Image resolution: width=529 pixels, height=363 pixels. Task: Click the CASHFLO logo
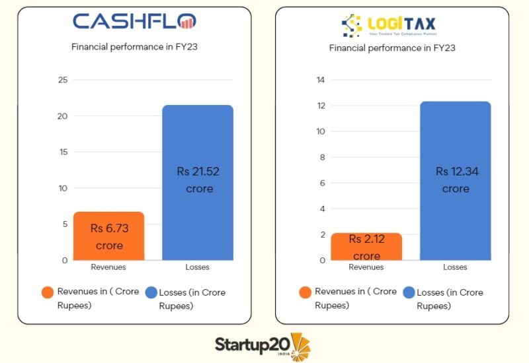tap(134, 22)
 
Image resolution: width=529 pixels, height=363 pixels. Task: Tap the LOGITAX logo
tap(389, 26)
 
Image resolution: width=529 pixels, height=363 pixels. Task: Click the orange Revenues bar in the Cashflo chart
tap(108, 236)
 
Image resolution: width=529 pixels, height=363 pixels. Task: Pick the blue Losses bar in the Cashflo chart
tap(198, 182)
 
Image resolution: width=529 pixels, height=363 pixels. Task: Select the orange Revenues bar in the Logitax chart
tap(366, 246)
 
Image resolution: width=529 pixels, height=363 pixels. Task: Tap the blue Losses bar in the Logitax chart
tap(456, 180)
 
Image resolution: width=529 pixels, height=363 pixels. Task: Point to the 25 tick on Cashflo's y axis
tap(63, 81)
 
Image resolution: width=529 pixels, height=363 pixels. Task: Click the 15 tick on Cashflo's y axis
tap(63, 152)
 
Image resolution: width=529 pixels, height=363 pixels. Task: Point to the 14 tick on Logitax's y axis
tap(321, 81)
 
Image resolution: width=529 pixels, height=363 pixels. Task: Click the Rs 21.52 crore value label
tap(198, 180)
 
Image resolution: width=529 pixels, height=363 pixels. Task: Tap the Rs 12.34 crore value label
tap(456, 180)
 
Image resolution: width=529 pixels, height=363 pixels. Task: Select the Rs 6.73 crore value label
tap(109, 237)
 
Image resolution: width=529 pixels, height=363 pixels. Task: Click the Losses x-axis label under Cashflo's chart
tap(198, 267)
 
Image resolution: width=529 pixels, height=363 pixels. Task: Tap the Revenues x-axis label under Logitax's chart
tap(366, 267)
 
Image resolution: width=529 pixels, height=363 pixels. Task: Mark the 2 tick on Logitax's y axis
tap(323, 234)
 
